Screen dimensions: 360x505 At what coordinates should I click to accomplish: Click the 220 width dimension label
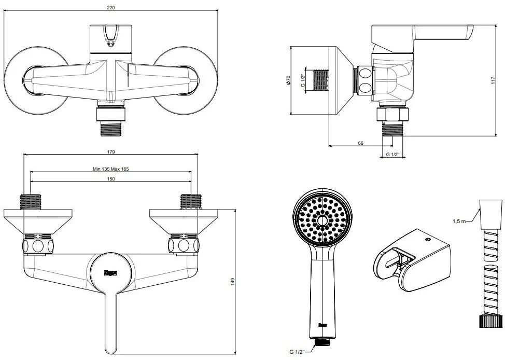click(x=111, y=7)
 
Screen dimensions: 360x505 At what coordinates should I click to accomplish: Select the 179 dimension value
click(x=111, y=151)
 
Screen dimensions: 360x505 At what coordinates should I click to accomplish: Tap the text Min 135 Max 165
click(x=111, y=169)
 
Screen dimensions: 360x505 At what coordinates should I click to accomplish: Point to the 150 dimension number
click(x=111, y=178)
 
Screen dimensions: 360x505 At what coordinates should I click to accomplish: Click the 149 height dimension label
click(x=233, y=281)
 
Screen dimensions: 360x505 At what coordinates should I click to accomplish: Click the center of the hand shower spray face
click(x=322, y=220)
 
